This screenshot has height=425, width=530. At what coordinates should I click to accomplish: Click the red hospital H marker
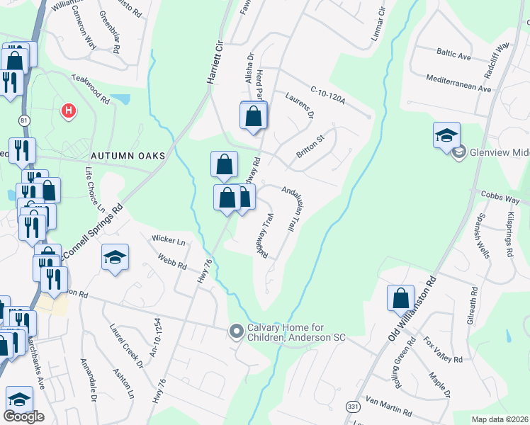click(x=69, y=110)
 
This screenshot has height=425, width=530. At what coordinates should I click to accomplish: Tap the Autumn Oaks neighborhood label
click(x=128, y=155)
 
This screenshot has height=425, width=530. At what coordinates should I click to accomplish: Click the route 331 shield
click(x=352, y=407)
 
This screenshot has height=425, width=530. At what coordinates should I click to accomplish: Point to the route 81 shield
click(x=24, y=120)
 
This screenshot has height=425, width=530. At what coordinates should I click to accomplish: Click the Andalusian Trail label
click(x=289, y=210)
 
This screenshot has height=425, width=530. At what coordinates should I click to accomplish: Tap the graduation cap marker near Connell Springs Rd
click(x=115, y=257)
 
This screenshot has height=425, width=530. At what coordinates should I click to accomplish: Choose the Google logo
click(x=23, y=416)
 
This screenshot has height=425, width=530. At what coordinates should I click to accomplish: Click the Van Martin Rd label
click(x=388, y=407)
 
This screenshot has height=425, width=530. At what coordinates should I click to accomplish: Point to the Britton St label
click(x=310, y=147)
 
